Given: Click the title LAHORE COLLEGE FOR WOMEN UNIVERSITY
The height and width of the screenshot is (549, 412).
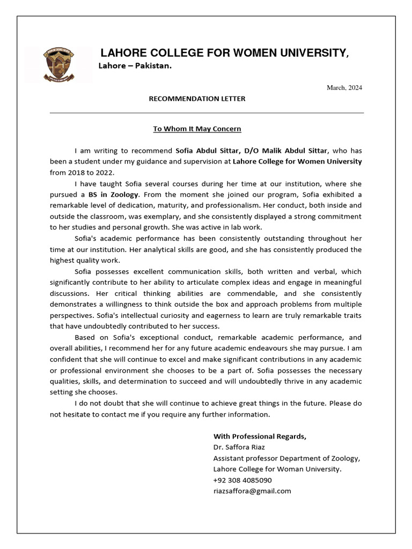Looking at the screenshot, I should tap(225, 53).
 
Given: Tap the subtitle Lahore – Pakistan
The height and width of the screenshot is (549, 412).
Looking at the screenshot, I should tap(135, 65).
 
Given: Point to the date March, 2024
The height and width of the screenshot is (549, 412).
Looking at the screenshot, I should tap(344, 87).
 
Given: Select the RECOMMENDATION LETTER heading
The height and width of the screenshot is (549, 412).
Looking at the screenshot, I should tap(197, 99).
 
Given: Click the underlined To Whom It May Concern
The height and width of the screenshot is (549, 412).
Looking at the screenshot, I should tap(197, 129).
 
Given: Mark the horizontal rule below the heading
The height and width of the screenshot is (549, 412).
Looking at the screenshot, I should tap(207, 113).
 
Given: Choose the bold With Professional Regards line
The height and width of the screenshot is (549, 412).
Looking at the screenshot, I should tap(260, 436).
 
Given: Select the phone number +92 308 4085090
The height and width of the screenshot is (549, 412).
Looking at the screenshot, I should tap(242, 480).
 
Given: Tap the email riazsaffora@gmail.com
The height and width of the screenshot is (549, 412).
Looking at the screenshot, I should tap(252, 491).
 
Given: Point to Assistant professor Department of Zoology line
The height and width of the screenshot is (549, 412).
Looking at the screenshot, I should tap(287, 458).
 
